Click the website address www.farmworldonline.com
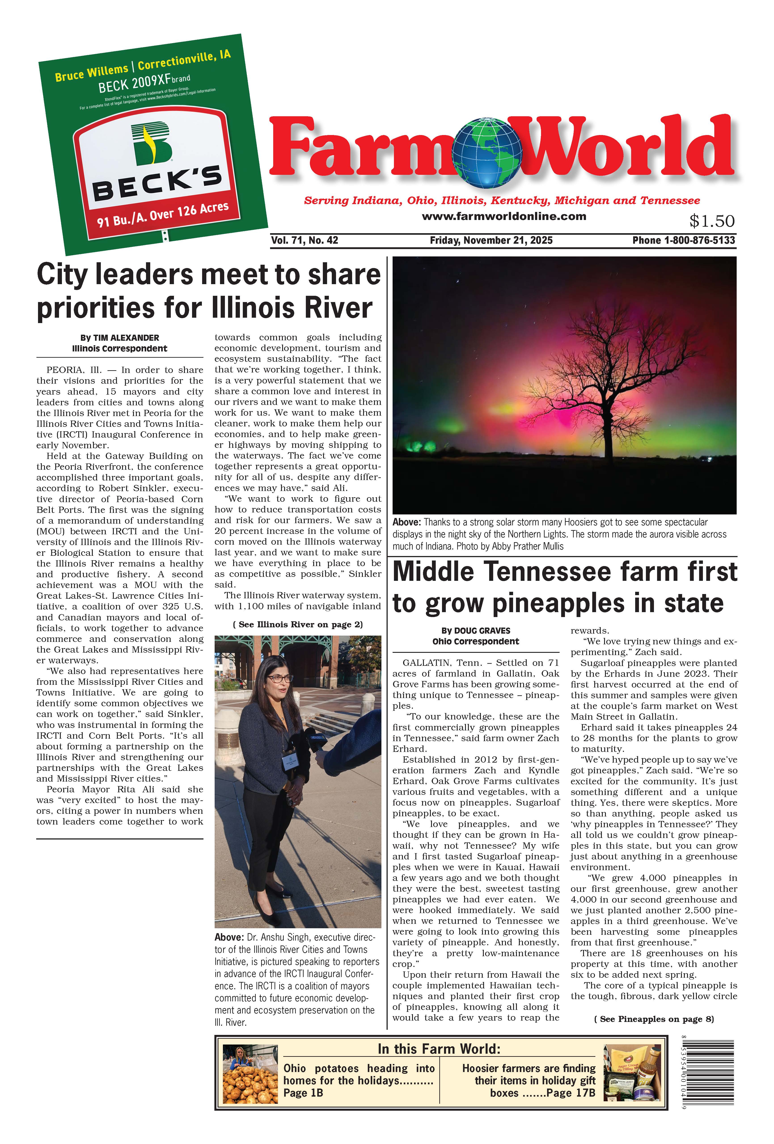pyautogui.click(x=504, y=216)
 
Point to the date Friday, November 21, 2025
pyautogui.click(x=491, y=240)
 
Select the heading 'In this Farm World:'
pyautogui.click(x=439, y=1049)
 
